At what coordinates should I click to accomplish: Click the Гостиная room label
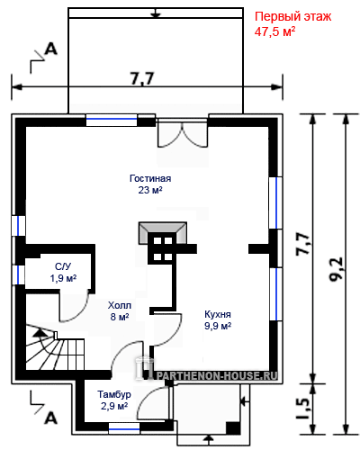(150, 178)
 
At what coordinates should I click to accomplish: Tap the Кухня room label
(218, 314)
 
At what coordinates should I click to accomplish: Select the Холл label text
(120, 305)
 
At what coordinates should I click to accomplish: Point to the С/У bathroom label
(63, 266)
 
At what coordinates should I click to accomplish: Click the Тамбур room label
(114, 394)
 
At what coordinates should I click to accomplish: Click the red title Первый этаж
(292, 16)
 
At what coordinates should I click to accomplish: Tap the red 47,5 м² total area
(274, 31)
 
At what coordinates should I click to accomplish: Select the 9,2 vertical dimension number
(336, 269)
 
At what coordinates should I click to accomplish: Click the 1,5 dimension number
(303, 409)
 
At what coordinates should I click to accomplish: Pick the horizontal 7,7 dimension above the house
(142, 78)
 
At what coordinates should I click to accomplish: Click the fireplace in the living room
(163, 233)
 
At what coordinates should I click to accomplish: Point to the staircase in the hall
(55, 347)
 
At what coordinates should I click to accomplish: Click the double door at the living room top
(182, 133)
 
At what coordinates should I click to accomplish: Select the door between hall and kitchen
(166, 330)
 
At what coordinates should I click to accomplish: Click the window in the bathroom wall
(18, 274)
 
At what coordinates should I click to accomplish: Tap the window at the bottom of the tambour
(124, 428)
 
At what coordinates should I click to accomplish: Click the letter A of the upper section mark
(50, 49)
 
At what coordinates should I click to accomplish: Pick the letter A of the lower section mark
(50, 418)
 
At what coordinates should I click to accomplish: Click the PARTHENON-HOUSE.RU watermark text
(217, 375)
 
